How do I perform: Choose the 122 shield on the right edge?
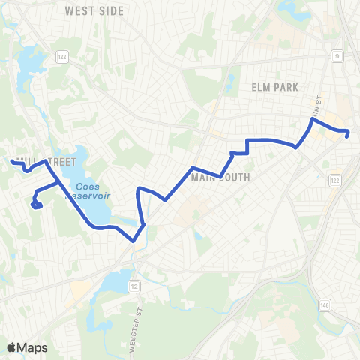click(x=334, y=181)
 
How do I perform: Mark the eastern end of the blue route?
click(x=348, y=134)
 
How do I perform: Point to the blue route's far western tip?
click(x=11, y=161)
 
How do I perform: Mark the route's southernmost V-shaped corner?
click(x=133, y=241)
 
